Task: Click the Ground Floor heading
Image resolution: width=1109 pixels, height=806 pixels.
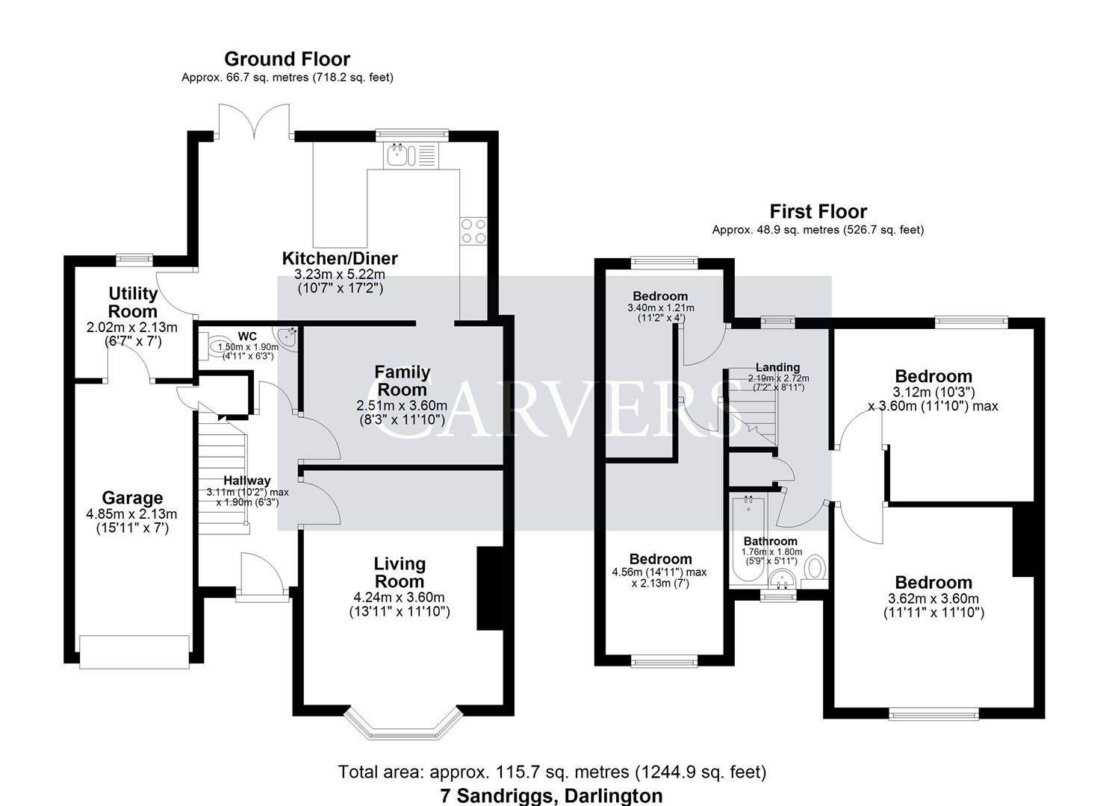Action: tap(287, 59)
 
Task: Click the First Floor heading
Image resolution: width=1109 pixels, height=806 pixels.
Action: tap(818, 212)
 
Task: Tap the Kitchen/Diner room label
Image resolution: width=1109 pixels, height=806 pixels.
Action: tap(340, 259)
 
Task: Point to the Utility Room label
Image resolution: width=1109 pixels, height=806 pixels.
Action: tap(133, 302)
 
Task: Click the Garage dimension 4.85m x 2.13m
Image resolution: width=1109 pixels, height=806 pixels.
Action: tap(132, 514)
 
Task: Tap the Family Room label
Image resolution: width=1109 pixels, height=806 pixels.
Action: tap(402, 381)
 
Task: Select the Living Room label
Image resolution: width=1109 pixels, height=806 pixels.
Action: tap(400, 572)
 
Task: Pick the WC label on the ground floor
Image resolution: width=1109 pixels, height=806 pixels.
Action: tap(247, 337)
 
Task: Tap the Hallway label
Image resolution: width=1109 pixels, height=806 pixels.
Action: tap(247, 481)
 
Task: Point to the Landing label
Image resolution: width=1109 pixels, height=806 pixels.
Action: tap(777, 367)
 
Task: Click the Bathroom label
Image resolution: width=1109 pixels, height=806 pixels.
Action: tap(770, 541)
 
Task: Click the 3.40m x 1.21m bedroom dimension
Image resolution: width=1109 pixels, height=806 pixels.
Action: tap(660, 307)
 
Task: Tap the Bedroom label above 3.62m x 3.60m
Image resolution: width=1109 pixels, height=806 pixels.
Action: tap(934, 583)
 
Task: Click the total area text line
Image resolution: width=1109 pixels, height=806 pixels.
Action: tap(552, 772)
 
